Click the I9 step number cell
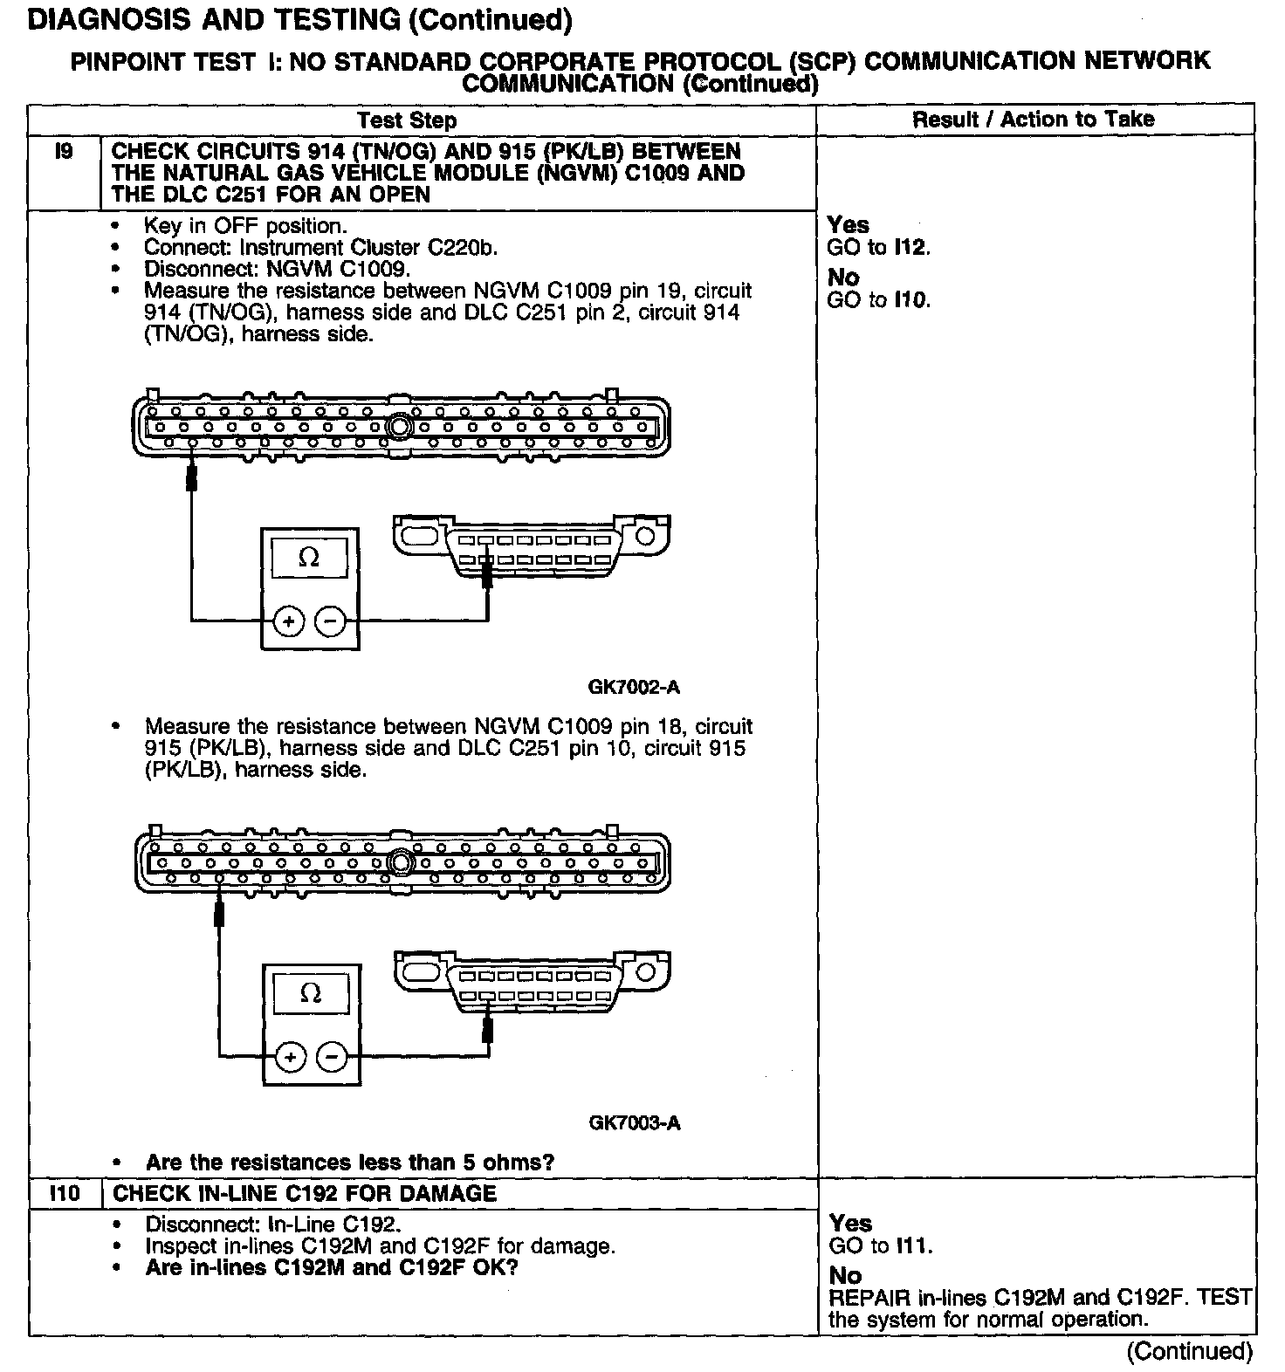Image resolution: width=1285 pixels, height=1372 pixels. [64, 153]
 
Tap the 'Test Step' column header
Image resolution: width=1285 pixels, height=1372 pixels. [407, 120]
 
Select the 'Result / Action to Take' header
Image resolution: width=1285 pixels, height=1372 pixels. [1033, 120]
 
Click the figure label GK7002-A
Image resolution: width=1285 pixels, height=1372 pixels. [634, 687]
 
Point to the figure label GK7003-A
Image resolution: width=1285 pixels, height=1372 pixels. [634, 1122]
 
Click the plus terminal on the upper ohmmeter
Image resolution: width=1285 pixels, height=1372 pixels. [289, 621]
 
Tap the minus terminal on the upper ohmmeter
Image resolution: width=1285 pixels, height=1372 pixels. [330, 621]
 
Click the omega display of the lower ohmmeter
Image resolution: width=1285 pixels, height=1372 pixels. [310, 993]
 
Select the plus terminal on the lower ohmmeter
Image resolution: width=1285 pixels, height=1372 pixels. [291, 1057]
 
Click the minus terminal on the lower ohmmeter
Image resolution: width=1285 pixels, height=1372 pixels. [332, 1057]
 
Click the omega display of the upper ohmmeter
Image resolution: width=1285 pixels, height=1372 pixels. [309, 558]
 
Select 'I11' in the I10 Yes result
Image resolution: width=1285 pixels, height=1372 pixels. [912, 1245]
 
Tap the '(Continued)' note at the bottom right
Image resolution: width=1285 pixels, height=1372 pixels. [1189, 1351]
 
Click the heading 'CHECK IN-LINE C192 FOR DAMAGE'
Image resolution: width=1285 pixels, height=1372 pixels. [305, 1193]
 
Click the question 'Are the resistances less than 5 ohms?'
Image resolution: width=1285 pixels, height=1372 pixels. [349, 1162]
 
